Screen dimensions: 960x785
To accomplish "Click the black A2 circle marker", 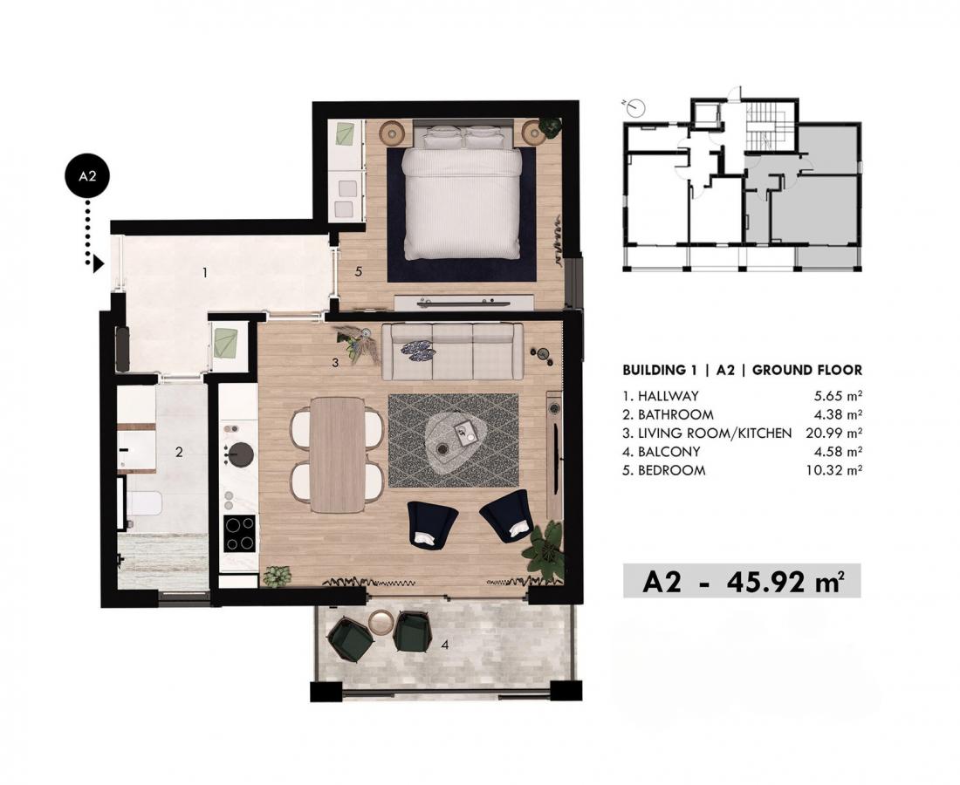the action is (x=87, y=175).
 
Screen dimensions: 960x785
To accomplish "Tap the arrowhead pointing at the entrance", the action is (x=98, y=264).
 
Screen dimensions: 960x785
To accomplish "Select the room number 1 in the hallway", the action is (x=205, y=272).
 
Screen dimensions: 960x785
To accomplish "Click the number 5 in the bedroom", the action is (x=359, y=271).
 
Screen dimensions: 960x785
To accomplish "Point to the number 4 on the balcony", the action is (x=445, y=645).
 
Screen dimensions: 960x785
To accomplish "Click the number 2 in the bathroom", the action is (x=179, y=452).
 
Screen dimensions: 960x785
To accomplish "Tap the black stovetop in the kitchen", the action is (x=239, y=534).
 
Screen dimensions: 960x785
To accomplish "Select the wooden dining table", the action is (x=337, y=454).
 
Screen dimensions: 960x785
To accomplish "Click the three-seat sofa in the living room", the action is (x=452, y=352).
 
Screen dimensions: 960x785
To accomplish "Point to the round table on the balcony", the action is (x=382, y=623).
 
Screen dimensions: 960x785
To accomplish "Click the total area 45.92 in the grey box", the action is (x=766, y=582).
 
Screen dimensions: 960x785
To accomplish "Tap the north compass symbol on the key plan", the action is (x=636, y=108).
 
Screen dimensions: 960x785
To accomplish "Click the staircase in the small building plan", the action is (x=768, y=126).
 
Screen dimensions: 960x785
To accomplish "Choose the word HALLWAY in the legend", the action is (x=668, y=396).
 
